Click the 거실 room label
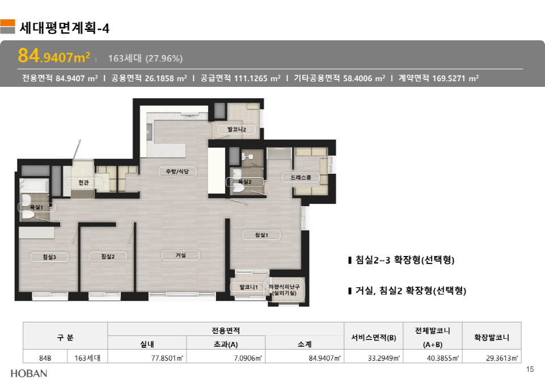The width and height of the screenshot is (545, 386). [x=181, y=255]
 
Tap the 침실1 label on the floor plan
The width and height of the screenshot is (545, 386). [x=261, y=235]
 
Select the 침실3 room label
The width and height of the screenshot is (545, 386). [x=49, y=257]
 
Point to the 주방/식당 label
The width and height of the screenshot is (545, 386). [x=178, y=171]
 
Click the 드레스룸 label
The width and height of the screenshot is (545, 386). [x=301, y=177]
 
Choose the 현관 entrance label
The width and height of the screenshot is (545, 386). [x=83, y=183]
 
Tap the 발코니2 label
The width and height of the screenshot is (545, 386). [x=236, y=129]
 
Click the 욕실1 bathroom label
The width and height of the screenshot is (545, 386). [x=36, y=207]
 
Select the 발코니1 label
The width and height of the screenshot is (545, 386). [x=249, y=287]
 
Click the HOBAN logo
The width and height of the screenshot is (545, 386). [x=29, y=374]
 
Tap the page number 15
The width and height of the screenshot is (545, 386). [x=530, y=370]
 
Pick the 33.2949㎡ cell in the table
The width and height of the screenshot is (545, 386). [x=384, y=358]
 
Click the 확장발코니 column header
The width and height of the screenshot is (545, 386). [x=492, y=337]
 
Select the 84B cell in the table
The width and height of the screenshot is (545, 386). [x=45, y=358]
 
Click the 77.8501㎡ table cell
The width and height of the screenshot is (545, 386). [x=167, y=358]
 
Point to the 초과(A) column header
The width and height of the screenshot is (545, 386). [x=226, y=344]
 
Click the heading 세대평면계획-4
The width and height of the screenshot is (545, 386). [x=64, y=28]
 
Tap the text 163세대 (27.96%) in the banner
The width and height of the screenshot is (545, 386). [x=145, y=58]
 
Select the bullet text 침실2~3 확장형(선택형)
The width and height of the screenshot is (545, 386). [x=404, y=260]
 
